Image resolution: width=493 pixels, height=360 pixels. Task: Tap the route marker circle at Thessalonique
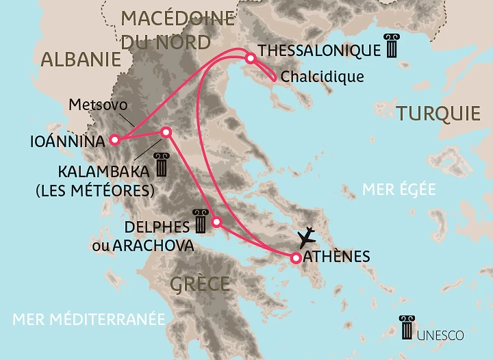coord(251,58)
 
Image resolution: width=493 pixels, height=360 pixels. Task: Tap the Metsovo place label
coord(94,105)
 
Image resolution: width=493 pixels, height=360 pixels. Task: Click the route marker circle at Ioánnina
coord(114,140)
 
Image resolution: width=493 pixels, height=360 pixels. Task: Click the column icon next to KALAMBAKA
coord(162,165)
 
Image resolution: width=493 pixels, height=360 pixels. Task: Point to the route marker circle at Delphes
coord(217,221)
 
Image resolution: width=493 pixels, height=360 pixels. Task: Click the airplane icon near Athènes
coord(307,237)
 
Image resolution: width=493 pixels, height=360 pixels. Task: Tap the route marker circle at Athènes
coord(295,258)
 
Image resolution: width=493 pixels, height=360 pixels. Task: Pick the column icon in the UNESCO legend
coord(407,328)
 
